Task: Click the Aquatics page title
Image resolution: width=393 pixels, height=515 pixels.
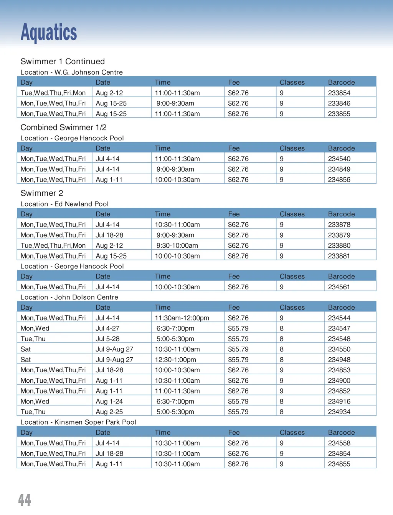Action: [x=49, y=32]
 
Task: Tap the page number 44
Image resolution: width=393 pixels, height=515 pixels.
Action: [x=25, y=500]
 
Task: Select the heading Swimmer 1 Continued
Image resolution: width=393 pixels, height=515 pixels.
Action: [x=63, y=62]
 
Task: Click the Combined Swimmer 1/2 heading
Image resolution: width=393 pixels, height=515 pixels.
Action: [x=63, y=127]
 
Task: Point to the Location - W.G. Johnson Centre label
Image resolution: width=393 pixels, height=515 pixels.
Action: [x=71, y=72]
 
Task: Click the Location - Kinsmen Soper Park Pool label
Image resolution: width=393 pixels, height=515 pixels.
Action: [x=78, y=422]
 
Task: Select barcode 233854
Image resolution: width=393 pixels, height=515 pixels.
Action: [x=339, y=93]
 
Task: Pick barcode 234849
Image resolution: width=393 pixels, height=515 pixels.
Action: [x=339, y=169]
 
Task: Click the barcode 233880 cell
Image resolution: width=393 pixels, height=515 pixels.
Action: [x=339, y=245]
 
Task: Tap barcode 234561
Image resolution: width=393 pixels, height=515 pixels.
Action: [x=339, y=287]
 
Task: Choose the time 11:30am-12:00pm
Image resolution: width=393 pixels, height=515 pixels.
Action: [x=182, y=318]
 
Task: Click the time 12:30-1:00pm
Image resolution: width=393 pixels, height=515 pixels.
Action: [x=175, y=360]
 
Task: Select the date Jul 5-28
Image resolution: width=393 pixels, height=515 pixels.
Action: [x=107, y=339]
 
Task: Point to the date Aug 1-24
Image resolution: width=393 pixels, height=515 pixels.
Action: [x=109, y=401]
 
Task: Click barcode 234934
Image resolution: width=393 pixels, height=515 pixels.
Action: [x=339, y=412]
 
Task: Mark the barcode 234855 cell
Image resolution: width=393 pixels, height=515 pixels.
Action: [x=339, y=464]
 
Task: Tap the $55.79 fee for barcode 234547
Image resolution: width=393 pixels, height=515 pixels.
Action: [x=238, y=328]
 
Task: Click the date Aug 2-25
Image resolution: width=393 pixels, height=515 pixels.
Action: [x=109, y=412]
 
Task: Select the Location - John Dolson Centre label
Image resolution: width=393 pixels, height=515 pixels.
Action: [x=69, y=297]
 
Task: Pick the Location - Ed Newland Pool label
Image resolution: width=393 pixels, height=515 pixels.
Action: [x=64, y=204]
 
